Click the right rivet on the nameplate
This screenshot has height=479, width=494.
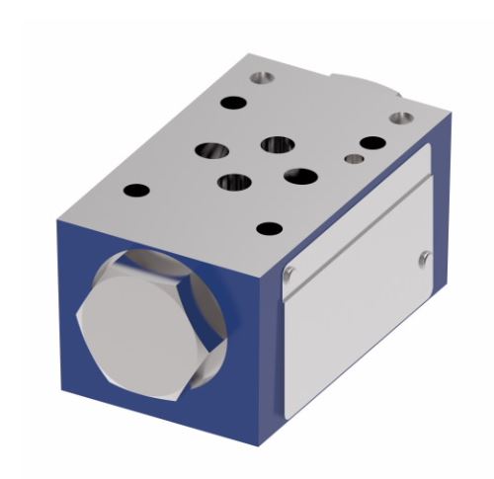point(423,259)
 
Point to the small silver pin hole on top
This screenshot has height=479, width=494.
point(353,158)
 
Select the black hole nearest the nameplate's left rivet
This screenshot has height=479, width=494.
point(268,229)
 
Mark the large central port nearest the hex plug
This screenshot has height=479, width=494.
point(234,182)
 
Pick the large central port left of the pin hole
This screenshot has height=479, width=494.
point(277,145)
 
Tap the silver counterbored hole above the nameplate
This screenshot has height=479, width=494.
point(399,119)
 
